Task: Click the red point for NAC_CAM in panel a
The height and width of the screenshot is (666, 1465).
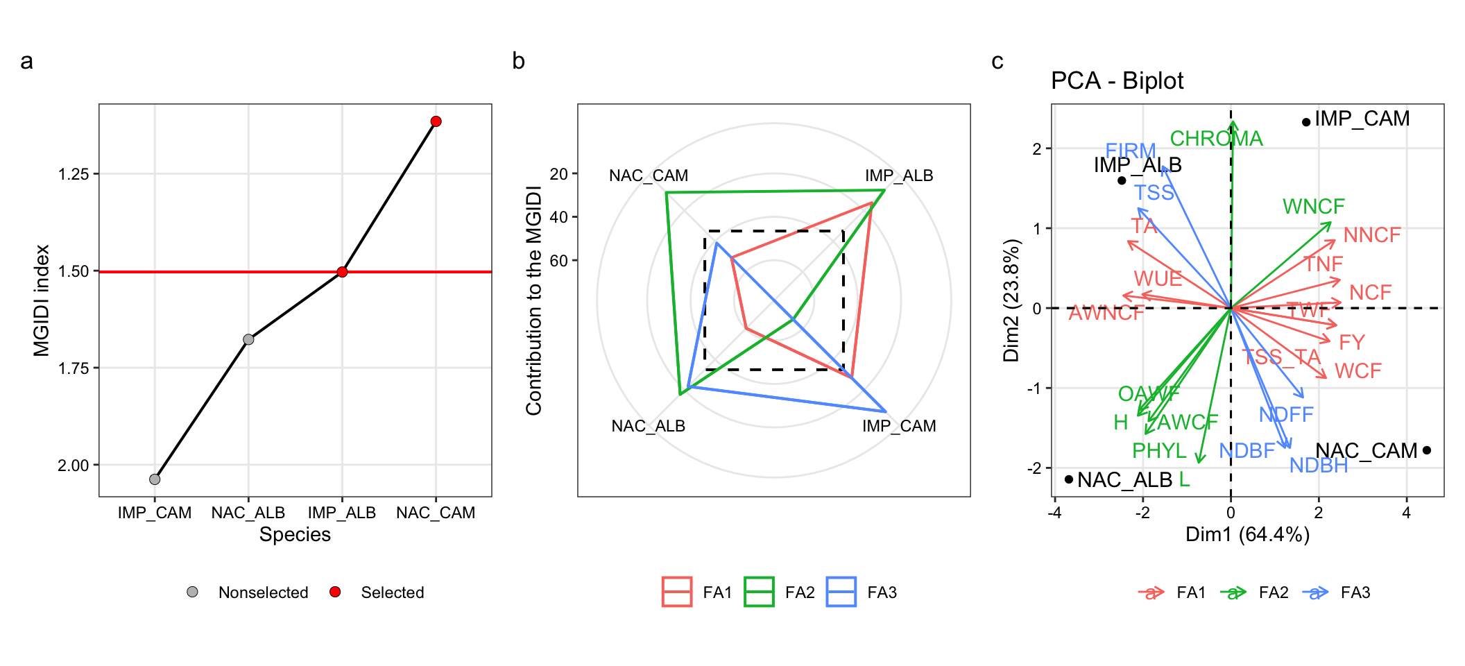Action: [436, 121]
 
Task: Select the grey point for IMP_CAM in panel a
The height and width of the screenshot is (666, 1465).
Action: [155, 479]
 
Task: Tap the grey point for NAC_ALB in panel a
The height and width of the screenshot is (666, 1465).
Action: [248, 339]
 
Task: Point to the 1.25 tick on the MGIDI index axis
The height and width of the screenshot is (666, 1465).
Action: [74, 174]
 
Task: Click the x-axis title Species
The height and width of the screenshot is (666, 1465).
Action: [295, 534]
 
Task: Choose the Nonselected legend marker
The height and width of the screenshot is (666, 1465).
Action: [192, 592]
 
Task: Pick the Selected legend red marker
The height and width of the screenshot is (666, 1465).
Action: [335, 592]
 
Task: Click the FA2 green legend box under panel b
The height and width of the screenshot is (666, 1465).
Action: [759, 592]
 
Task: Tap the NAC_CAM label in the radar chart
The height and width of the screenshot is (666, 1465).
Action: [649, 176]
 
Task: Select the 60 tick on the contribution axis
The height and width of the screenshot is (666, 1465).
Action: [559, 261]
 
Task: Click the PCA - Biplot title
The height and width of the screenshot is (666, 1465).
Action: [1117, 81]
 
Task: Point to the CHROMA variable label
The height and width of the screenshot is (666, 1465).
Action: [1216, 139]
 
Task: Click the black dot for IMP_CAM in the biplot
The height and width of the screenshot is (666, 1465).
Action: [1306, 122]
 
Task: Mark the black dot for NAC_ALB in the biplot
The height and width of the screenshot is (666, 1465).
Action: [1069, 479]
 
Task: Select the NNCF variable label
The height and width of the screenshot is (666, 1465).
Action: [1372, 235]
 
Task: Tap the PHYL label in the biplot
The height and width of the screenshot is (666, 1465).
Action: [1159, 451]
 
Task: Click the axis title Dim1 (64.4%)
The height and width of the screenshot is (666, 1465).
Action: [1247, 534]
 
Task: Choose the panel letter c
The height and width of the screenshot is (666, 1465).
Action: [997, 61]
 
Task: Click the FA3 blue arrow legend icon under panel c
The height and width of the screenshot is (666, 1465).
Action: [1315, 592]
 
